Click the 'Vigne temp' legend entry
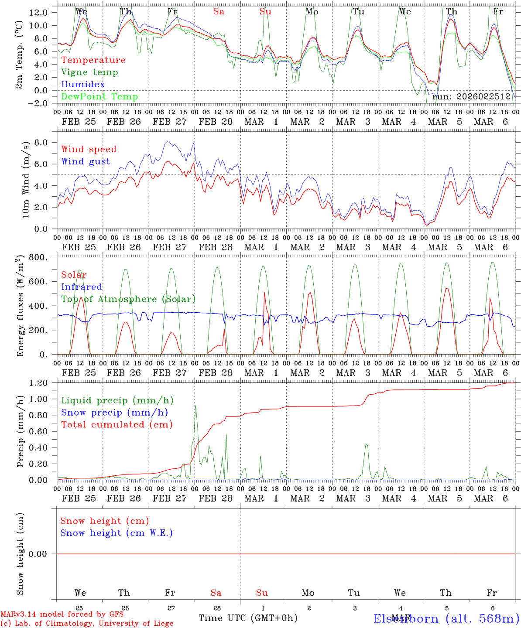(x=89, y=72)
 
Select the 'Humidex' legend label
(x=83, y=85)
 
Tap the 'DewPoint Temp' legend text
(x=99, y=97)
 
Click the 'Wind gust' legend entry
(x=86, y=161)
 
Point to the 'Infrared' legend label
(x=82, y=287)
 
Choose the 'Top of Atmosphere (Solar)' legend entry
(x=128, y=299)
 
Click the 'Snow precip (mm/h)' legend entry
(x=114, y=413)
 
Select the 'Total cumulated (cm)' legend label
(x=117, y=425)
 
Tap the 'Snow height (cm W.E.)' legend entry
(x=117, y=533)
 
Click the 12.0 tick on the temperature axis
(x=38, y=12)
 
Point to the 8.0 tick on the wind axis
(x=41, y=142)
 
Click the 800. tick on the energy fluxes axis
(x=38, y=257)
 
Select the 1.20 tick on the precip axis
(x=38, y=383)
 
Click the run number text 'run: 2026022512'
(x=471, y=97)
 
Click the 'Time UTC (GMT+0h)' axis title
(x=248, y=618)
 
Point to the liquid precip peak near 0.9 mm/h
(x=195, y=406)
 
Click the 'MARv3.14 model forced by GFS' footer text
(x=62, y=614)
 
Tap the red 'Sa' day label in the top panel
(x=219, y=12)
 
